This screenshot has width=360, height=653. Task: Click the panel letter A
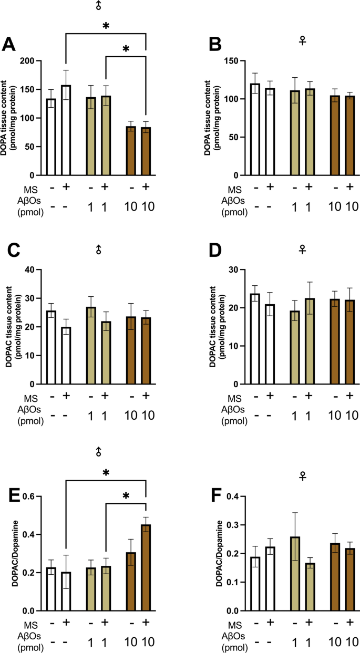[x=9, y=45]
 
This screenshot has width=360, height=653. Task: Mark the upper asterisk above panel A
[x=106, y=26]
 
